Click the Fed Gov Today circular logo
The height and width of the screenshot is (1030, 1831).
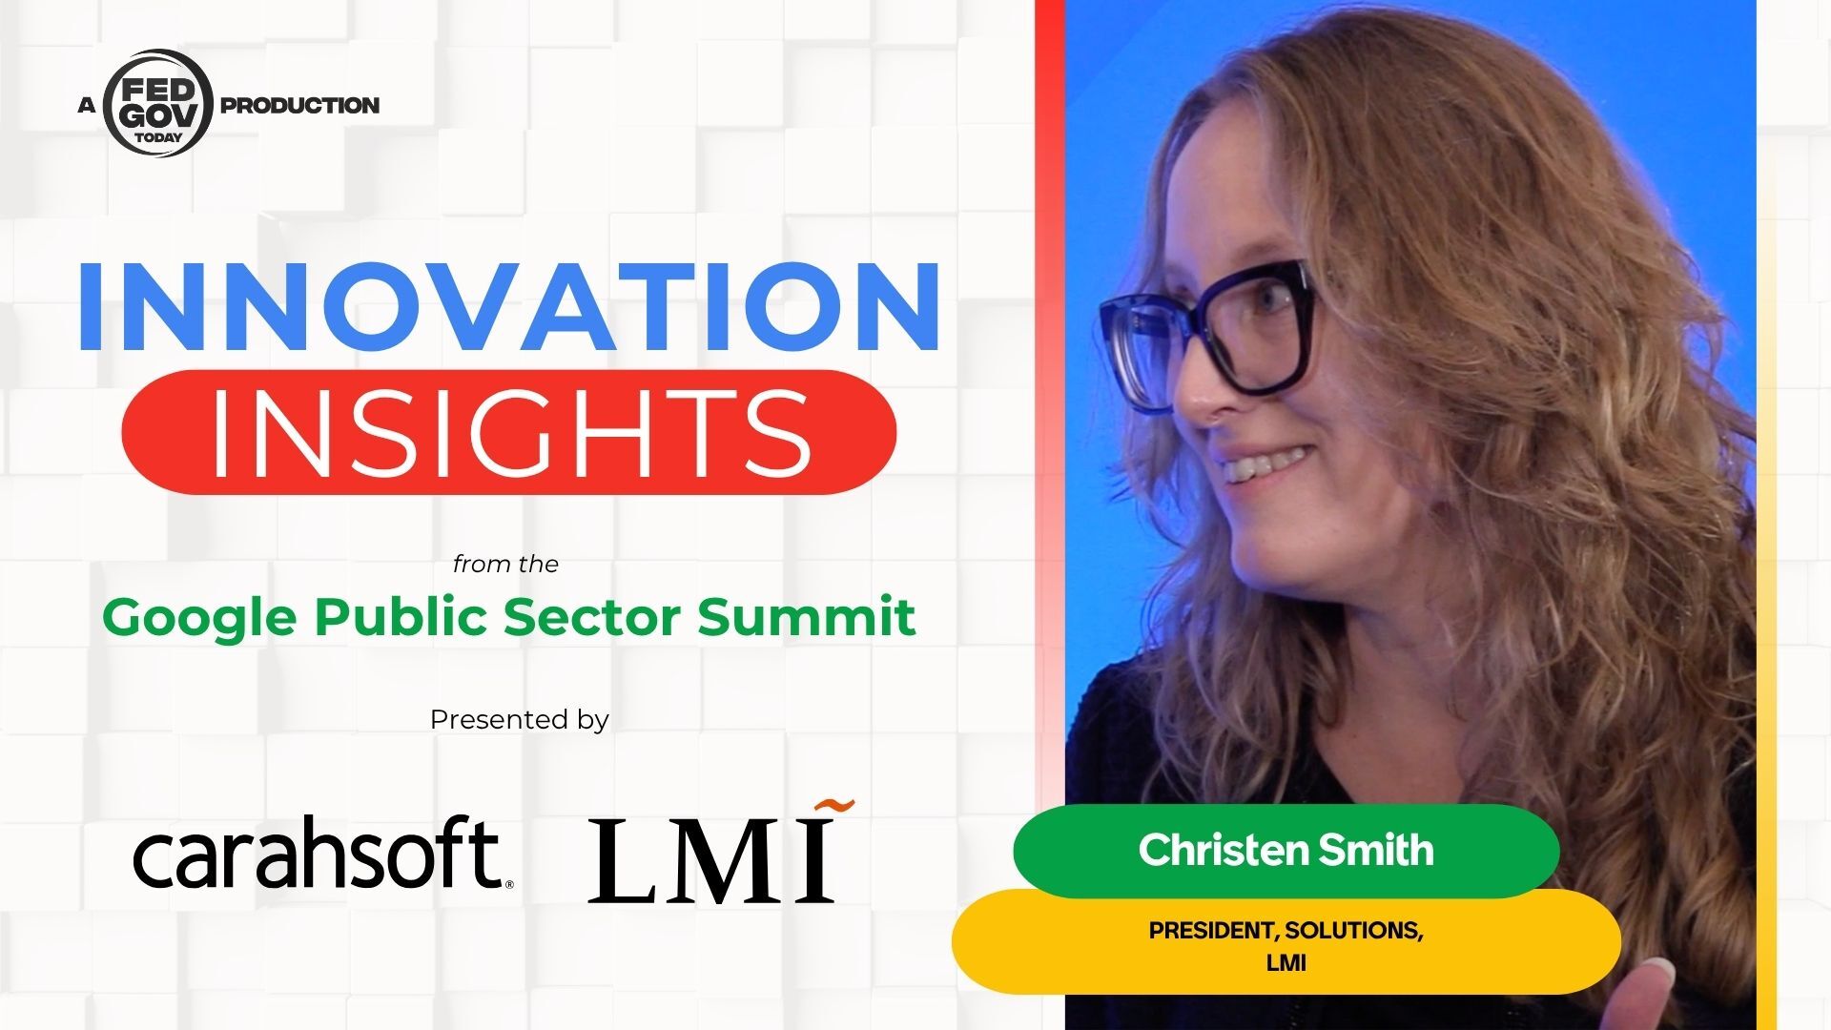point(157,103)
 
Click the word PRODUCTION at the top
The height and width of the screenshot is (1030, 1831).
point(299,105)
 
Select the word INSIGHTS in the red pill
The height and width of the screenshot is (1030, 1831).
point(509,433)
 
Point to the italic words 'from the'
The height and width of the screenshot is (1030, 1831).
point(505,565)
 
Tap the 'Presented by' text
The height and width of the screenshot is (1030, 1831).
point(519,720)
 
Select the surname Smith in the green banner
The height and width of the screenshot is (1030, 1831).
point(1374,850)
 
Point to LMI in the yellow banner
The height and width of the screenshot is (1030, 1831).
point(1286,963)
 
